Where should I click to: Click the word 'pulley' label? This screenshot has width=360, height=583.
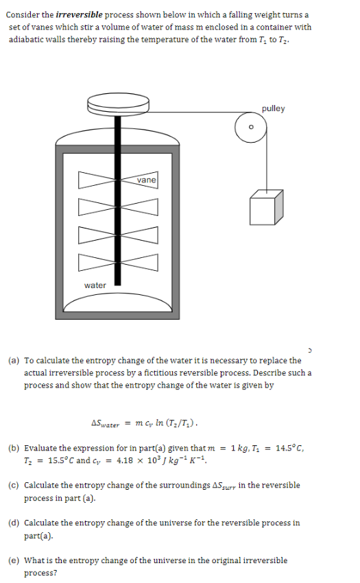273,108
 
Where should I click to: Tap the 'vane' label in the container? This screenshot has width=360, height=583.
146,180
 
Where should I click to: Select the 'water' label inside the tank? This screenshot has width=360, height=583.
95,285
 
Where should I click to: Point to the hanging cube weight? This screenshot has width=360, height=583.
265,206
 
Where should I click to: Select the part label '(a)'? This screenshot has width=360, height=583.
14,360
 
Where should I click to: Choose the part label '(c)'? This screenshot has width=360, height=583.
14,485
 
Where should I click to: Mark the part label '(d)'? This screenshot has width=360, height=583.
14,523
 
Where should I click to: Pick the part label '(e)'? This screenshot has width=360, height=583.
14,560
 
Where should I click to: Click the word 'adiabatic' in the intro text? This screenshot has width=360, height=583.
29,39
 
